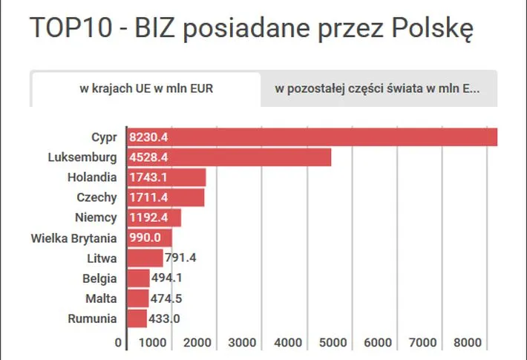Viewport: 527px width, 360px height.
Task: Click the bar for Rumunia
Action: click(x=138, y=318)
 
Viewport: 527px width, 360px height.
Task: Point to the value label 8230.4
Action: click(x=149, y=137)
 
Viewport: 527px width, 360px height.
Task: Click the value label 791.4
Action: click(x=180, y=258)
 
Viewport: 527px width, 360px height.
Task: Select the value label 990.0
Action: click(x=145, y=238)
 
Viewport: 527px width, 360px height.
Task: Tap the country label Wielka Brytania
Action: click(x=74, y=238)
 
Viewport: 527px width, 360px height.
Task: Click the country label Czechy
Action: click(x=96, y=197)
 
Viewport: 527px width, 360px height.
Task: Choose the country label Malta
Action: click(x=100, y=298)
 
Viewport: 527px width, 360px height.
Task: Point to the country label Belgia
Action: click(x=99, y=278)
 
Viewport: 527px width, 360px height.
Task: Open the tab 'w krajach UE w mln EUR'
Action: click(x=145, y=90)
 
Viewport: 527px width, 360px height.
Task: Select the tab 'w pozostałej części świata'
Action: click(x=378, y=90)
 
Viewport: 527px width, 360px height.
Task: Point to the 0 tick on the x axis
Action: click(x=118, y=342)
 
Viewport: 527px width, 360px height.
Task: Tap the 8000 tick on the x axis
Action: click(x=469, y=342)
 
